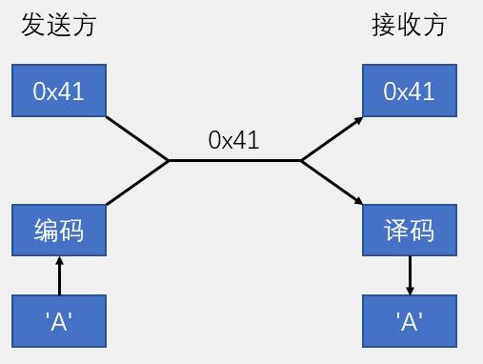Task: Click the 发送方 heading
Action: coord(59,26)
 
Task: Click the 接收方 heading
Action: coord(408,26)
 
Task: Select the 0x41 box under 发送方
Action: coord(59,91)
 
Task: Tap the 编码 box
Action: coord(59,230)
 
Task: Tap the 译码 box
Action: coord(410,230)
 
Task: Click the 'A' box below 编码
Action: coord(59,320)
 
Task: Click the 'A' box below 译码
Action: coord(410,320)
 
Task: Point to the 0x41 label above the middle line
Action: coord(234,141)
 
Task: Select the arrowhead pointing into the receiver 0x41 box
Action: coord(358,119)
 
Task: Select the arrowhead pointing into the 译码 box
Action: coord(358,201)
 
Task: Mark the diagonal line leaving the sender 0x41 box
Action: coord(137,138)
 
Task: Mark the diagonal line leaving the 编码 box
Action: coord(137,183)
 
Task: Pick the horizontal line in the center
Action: coord(234,160)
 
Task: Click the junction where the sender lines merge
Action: coord(169,160)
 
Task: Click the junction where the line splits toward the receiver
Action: coord(301,160)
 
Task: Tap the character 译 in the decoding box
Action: coord(396,230)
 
